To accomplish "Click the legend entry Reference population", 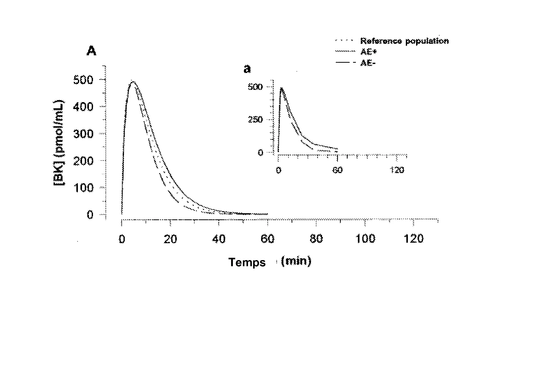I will point(404,41).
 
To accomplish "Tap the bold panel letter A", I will point(91,51).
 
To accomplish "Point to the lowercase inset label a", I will point(247,69).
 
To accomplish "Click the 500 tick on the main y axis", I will point(83,80).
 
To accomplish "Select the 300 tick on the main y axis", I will point(83,134).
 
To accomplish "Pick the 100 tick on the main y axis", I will point(83,188).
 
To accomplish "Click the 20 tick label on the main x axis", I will point(170,239).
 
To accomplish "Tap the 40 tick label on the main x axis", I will point(219,239).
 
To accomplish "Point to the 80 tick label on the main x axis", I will point(316,239).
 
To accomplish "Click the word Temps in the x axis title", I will point(247,262).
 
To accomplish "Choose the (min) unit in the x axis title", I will point(296,261).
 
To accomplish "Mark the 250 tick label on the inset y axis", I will point(255,120).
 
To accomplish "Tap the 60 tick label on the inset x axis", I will point(337,170).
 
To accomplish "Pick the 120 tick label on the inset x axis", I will point(397,170).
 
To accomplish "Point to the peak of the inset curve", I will point(281,88).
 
